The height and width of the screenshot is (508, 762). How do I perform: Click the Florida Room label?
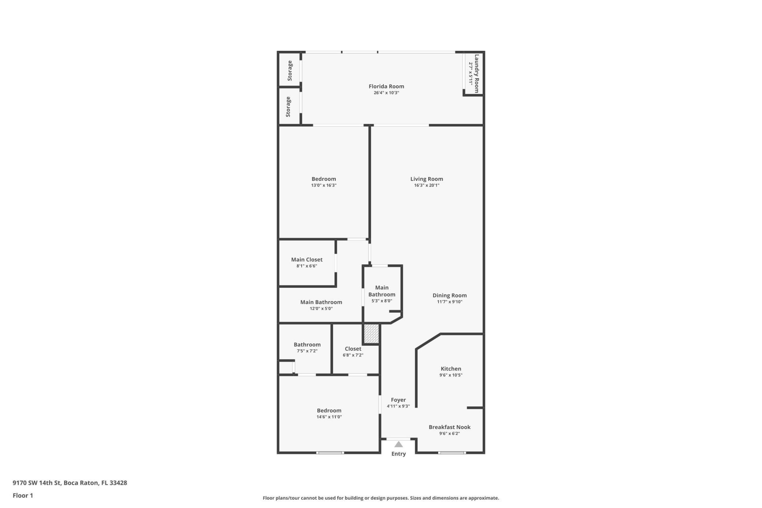386,86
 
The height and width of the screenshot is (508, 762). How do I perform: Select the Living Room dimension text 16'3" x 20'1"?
427,185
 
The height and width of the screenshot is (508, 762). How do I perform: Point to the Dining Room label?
449,295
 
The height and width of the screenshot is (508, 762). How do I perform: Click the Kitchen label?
450,369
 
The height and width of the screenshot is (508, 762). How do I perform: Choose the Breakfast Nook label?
449,427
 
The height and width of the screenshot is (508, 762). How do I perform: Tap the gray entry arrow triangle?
398,444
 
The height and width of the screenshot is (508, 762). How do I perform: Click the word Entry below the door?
398,454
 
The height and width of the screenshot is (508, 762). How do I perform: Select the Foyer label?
398,400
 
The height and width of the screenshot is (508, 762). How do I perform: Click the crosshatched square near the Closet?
371,334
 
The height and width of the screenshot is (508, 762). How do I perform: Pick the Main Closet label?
307,260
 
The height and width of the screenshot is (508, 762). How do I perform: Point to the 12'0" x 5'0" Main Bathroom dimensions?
321,308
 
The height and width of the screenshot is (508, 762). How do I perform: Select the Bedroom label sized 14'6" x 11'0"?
329,410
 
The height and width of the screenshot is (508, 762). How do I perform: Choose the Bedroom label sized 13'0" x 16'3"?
323,179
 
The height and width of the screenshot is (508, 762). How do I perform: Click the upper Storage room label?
290,71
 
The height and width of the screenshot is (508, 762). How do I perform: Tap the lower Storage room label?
288,106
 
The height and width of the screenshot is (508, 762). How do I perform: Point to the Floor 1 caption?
23,495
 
